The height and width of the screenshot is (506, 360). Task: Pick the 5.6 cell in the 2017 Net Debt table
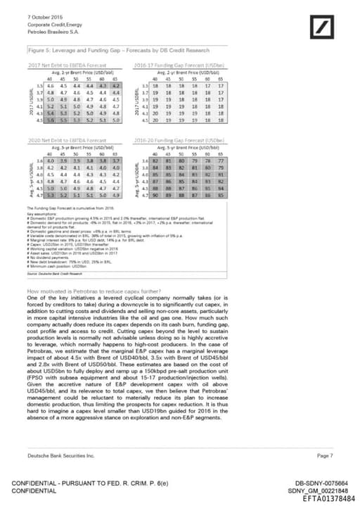pos(51,121)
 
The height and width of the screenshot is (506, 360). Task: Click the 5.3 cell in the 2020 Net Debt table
pos(51,196)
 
